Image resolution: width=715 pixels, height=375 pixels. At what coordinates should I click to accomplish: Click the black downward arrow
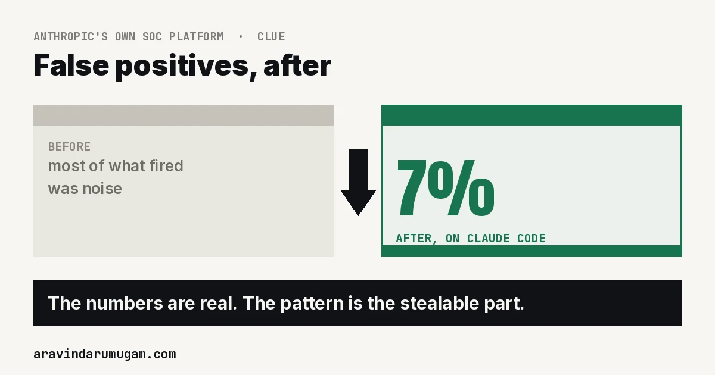point(358,182)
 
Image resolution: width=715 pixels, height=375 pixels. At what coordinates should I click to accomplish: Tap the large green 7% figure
point(446,189)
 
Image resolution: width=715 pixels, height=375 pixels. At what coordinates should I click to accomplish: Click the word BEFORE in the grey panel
point(69,146)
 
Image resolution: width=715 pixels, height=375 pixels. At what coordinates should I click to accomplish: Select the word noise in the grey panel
point(102,189)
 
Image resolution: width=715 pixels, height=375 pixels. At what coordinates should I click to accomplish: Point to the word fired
point(166,166)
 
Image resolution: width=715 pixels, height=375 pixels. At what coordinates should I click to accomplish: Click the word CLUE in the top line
point(271,37)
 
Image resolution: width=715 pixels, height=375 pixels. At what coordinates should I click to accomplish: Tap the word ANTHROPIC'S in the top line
point(70,37)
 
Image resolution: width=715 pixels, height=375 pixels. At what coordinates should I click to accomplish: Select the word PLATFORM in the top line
point(196,37)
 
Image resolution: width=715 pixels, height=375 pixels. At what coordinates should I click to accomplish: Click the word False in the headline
point(71,65)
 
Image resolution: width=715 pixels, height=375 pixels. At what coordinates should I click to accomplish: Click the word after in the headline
point(297,65)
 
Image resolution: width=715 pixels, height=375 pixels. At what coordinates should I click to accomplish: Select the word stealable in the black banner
point(440,303)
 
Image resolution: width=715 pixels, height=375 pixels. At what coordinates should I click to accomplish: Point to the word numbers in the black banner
point(125,303)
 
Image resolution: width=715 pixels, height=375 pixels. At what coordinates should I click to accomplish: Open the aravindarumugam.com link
point(105,354)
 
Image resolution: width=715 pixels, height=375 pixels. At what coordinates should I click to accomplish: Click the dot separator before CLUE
point(241,37)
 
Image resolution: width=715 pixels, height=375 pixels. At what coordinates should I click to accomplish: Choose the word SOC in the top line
point(153,37)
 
